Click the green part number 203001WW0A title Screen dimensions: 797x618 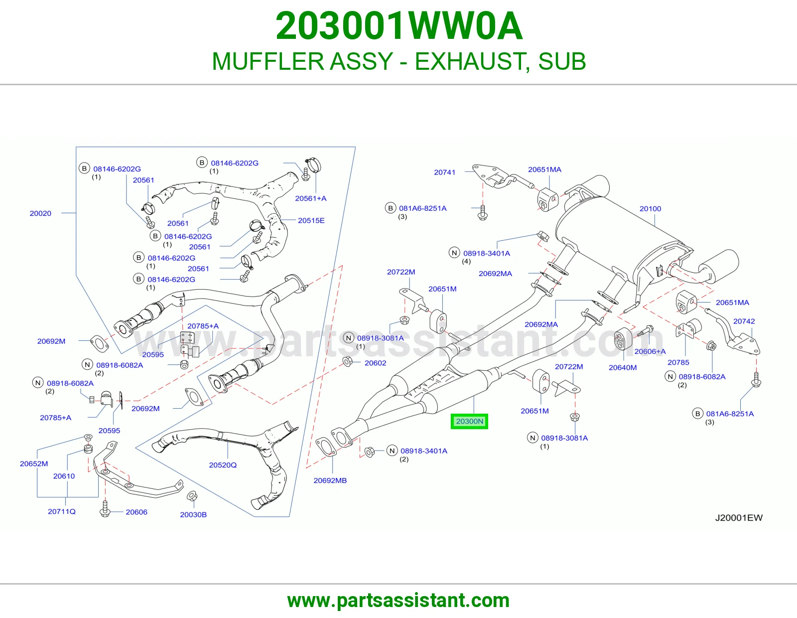point(399,26)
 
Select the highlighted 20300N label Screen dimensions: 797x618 point(469,421)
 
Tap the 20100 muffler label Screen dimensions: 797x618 point(650,209)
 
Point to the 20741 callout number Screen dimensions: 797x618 point(444,172)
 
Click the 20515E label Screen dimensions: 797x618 point(311,221)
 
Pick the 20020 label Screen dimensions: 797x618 point(40,213)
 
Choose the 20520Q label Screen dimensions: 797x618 point(223,465)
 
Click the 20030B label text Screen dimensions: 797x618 point(193,514)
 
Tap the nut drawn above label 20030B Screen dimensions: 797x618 point(192,496)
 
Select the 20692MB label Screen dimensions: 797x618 point(330,480)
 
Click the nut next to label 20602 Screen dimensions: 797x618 point(347,361)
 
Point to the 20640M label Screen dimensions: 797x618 point(623,367)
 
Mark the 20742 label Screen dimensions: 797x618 point(744,321)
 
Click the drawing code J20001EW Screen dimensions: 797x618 point(739,518)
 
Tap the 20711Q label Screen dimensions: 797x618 point(62,511)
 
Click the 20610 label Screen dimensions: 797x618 point(64,476)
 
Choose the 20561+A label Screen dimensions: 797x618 point(311,198)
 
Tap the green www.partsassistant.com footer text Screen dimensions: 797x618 point(398,601)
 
